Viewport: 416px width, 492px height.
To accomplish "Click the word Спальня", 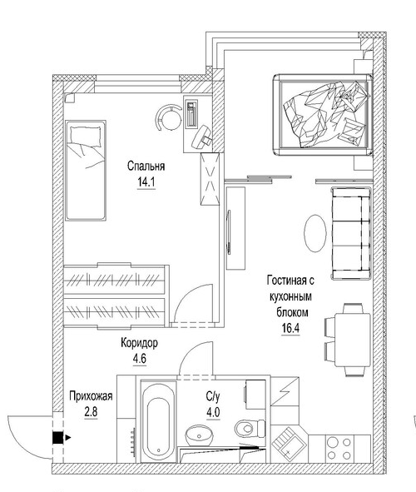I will pyautogui.click(x=146, y=165).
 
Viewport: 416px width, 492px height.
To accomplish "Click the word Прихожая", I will pyautogui.click(x=90, y=396).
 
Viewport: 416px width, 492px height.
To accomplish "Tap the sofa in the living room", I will pyautogui.click(x=350, y=234).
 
